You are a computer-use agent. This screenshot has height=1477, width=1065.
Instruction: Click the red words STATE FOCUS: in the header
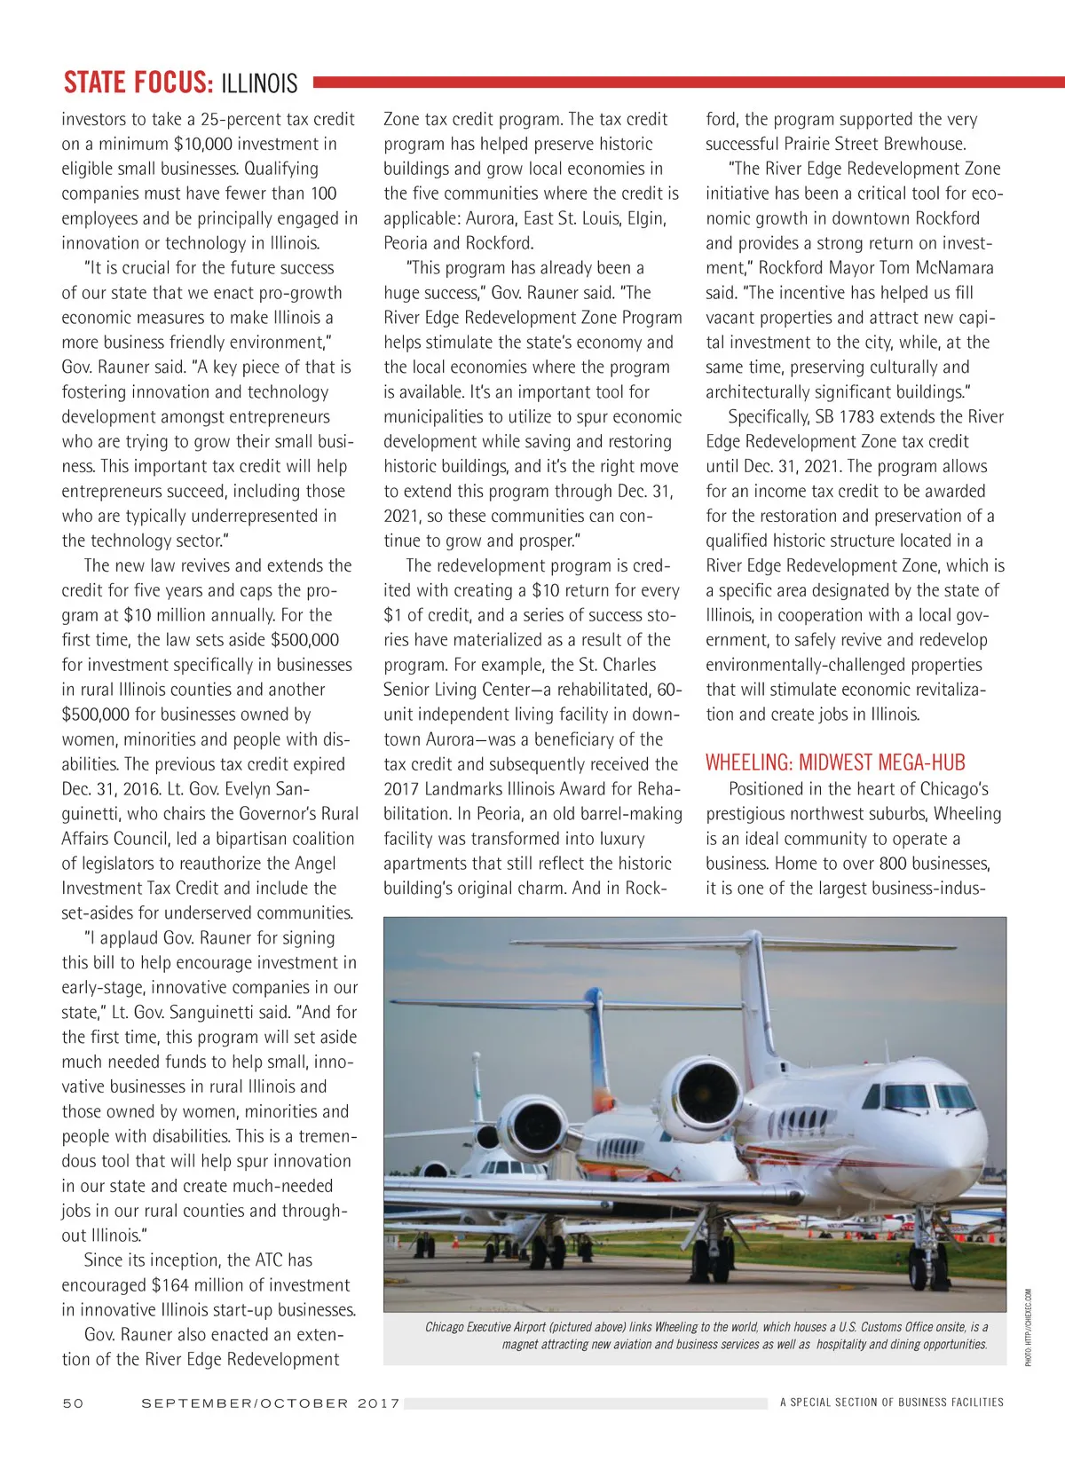[x=138, y=83]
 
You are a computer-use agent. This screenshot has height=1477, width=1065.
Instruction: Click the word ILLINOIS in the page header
[x=259, y=83]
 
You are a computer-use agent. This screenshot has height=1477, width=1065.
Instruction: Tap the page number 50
[x=73, y=1402]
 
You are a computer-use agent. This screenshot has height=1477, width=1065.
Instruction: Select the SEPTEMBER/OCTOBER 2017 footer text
[x=271, y=1402]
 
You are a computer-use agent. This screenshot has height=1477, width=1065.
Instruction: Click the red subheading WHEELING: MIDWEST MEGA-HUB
[x=835, y=762]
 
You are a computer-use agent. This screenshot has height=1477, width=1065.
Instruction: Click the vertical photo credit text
[x=1029, y=1327]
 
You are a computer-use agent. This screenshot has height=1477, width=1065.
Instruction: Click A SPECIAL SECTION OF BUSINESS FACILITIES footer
[x=891, y=1402]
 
